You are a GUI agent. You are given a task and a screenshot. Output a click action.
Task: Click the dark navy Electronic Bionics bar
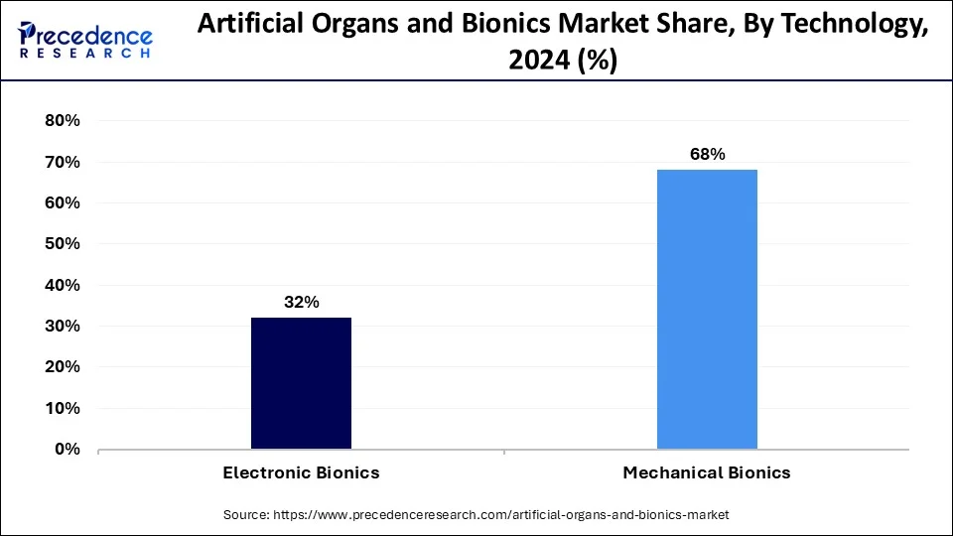(301, 383)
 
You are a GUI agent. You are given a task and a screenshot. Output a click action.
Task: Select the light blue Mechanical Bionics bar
(707, 309)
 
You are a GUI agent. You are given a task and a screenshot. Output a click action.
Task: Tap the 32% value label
(301, 302)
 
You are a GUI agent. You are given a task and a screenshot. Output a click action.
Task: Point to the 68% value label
(708, 154)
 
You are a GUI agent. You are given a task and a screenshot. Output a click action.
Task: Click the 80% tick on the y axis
(62, 121)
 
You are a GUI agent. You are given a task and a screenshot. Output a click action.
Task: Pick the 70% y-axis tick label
(62, 162)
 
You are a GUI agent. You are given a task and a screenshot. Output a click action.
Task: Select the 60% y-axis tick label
(62, 203)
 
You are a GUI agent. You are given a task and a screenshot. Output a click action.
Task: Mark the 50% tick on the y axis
(62, 244)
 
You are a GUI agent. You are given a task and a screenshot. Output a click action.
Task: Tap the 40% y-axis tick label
(62, 286)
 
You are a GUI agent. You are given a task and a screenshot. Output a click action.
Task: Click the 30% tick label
(62, 327)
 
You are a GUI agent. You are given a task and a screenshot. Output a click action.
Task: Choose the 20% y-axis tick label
(62, 367)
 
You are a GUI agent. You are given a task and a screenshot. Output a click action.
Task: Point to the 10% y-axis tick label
(62, 409)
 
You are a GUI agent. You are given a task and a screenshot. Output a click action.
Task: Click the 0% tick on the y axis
(67, 450)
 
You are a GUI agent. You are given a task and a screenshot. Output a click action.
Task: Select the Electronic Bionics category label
(301, 473)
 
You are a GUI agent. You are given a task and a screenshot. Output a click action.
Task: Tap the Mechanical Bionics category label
(707, 473)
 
